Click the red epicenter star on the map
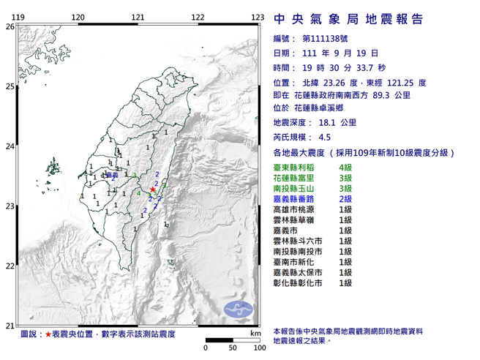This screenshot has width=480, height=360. pyautogui.click(x=152, y=190)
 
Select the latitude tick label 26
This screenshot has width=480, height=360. pyautogui.click(x=10, y=26)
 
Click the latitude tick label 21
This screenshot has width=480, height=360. pyautogui.click(x=10, y=326)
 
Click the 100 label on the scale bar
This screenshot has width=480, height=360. pyautogui.click(x=258, y=348)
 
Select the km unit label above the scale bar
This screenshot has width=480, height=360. pyautogui.click(x=255, y=334)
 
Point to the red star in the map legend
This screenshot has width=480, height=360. pyautogui.click(x=48, y=334)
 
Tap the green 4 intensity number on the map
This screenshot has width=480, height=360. pyautogui.click(x=139, y=193)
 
